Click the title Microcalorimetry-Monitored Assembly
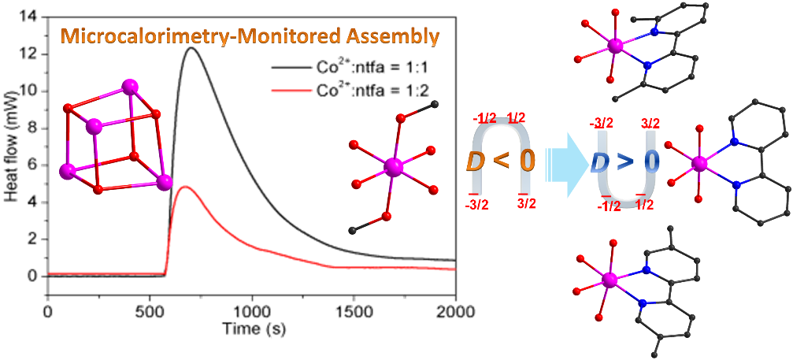(x=252, y=36)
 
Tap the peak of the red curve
(x=185, y=187)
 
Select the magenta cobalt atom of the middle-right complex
(x=699, y=164)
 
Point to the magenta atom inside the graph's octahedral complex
(x=393, y=166)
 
